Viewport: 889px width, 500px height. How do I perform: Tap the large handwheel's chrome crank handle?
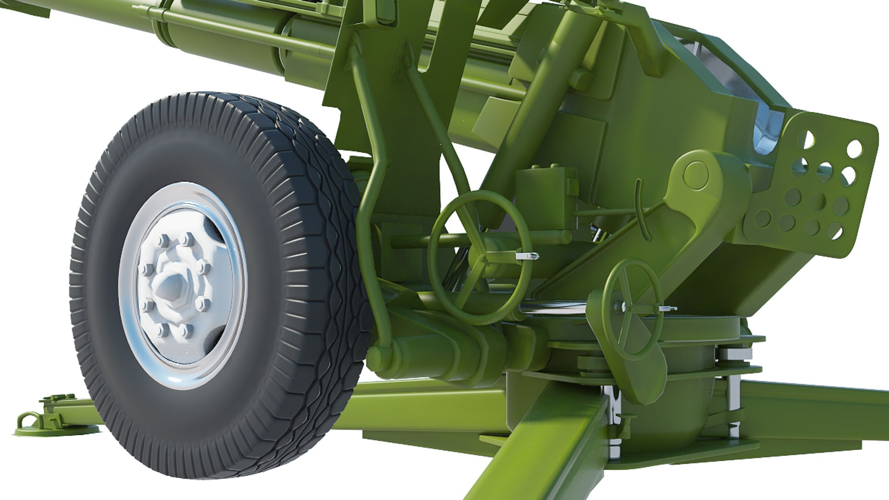(x=527, y=256)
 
